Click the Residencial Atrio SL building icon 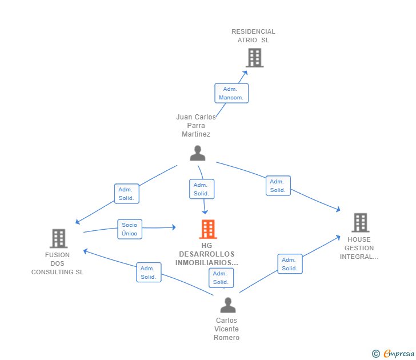[254, 58]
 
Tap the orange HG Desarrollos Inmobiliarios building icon [207, 229]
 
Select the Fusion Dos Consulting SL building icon [58, 238]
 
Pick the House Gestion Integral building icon [360, 223]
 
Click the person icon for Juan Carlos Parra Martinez [198, 153]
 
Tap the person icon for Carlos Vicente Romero [228, 305]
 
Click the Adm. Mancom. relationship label [231, 93]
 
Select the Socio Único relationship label [129, 229]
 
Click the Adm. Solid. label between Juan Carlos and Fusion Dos [126, 194]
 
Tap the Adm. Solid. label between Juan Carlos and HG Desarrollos [201, 189]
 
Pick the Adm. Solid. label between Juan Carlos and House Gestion [278, 186]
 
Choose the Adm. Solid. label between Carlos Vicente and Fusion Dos [149, 272]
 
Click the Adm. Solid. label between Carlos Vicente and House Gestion [290, 264]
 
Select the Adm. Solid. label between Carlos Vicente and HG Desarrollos [221, 278]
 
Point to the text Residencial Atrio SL [253, 36]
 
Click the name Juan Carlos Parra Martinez [196, 126]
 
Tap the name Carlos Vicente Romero [227, 329]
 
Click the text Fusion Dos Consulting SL [58, 263]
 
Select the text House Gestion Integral [359, 248]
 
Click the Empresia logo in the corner [394, 354]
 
